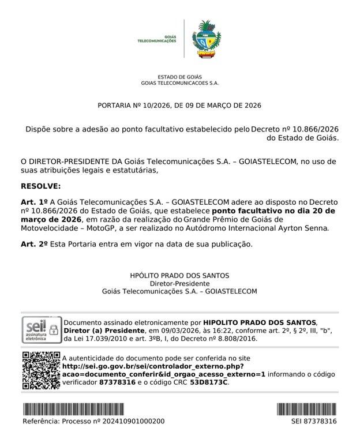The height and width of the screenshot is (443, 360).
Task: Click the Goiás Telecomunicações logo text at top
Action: (156, 39)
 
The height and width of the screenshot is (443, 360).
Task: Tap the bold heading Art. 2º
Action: (34, 244)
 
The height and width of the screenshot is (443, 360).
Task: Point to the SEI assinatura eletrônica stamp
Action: (40, 331)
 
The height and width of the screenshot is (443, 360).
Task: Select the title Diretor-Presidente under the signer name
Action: (179, 284)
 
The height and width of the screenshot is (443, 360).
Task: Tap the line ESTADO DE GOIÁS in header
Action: (179, 77)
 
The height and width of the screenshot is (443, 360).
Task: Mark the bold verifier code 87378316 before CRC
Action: (117, 382)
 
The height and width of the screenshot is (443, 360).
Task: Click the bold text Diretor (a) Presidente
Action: (104, 331)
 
